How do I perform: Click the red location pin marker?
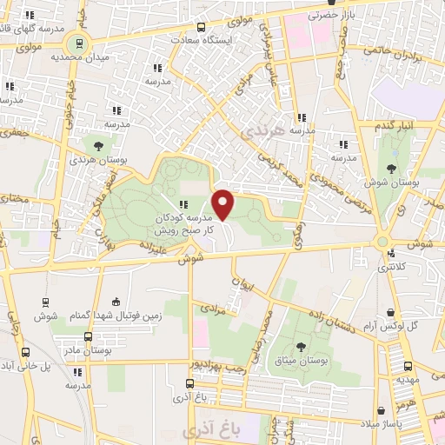tap(223, 205)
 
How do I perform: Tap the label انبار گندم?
tap(395, 127)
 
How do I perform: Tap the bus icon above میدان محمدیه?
tap(79, 43)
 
